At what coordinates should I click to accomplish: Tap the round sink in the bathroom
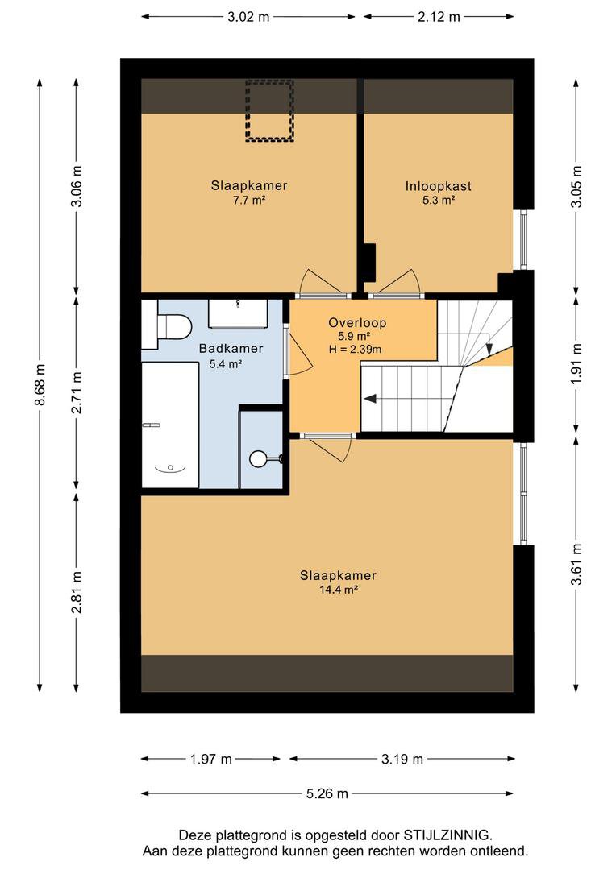click(258, 458)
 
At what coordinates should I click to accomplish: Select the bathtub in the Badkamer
click(170, 425)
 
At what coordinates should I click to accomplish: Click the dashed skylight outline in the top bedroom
click(269, 110)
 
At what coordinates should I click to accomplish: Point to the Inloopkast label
click(439, 186)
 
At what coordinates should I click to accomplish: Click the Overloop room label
click(357, 322)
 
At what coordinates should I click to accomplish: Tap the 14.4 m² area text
click(339, 590)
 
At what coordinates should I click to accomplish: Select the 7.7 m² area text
click(249, 201)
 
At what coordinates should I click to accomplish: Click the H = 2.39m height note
click(355, 349)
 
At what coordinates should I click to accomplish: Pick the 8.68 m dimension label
click(40, 385)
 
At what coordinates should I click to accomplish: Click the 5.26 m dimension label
click(327, 794)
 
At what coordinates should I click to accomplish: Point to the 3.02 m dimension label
click(248, 17)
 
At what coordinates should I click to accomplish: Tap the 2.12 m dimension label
click(439, 17)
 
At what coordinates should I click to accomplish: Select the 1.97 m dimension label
click(211, 759)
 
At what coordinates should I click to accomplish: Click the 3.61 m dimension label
click(577, 564)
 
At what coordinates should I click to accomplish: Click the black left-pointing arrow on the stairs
click(370, 398)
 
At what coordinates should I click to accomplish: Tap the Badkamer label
click(231, 349)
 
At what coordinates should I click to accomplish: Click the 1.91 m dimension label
click(577, 363)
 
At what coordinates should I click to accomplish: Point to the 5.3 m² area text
click(439, 201)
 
